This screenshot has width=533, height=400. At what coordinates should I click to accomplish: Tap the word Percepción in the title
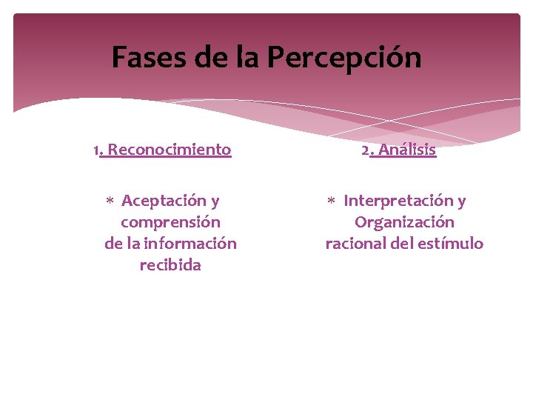tap(345, 58)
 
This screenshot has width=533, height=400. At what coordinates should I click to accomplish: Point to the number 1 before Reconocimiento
tap(96, 150)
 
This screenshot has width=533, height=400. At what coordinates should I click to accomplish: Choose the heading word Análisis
tap(407, 150)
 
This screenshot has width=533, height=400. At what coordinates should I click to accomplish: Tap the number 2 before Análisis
tap(365, 150)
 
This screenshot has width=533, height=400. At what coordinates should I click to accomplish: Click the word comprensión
tap(170, 222)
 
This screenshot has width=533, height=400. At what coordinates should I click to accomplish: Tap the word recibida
tap(170, 265)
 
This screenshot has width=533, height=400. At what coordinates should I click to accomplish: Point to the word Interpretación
tap(398, 201)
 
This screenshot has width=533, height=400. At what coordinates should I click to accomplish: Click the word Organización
tap(404, 222)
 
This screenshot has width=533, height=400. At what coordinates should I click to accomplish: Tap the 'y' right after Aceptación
tap(215, 201)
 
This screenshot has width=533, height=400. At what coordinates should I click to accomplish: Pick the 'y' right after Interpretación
tap(461, 201)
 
